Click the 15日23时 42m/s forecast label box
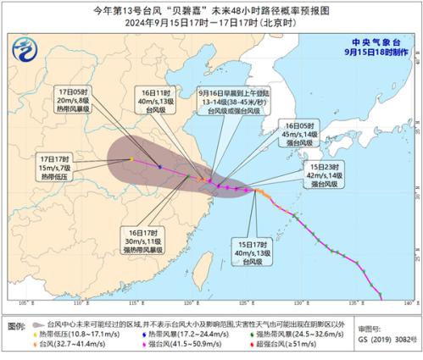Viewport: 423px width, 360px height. click(x=326, y=176)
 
